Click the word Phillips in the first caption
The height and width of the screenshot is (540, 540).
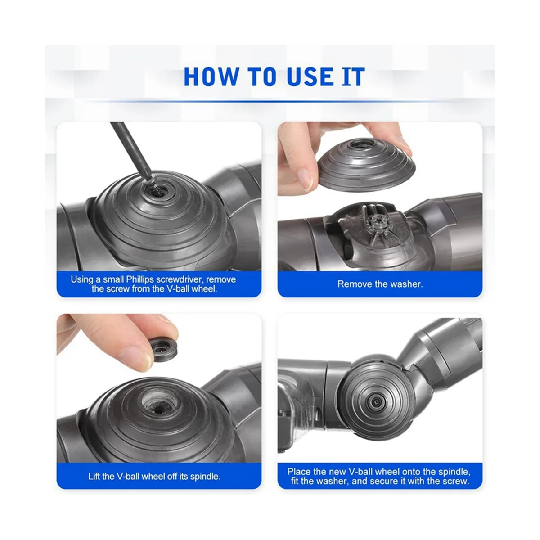click(x=140, y=279)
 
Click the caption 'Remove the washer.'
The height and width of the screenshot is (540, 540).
click(x=380, y=284)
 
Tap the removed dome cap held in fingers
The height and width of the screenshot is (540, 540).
click(x=367, y=165)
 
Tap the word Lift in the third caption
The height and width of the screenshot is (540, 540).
click(x=94, y=477)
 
